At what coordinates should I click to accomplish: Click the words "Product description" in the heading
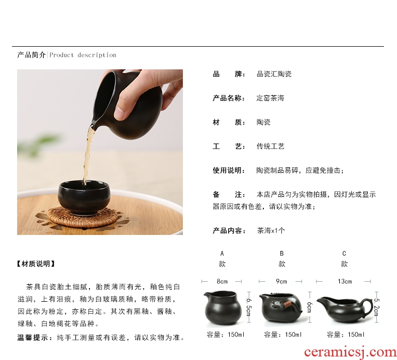tap(82, 55)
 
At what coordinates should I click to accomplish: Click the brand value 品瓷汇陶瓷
tap(274, 74)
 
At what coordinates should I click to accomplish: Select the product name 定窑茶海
tap(270, 98)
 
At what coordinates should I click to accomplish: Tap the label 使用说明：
tap(229, 170)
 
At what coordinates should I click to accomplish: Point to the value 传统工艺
tap(270, 146)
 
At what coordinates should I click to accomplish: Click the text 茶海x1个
tap(271, 230)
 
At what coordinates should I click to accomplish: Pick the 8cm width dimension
tap(222, 281)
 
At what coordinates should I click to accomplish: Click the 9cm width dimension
tap(281, 281)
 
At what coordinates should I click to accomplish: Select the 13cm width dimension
tap(345, 281)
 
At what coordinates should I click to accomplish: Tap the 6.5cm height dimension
tap(249, 307)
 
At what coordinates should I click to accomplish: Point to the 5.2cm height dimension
tap(376, 307)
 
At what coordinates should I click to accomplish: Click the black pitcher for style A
tap(222, 307)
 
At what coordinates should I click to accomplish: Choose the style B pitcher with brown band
tap(280, 307)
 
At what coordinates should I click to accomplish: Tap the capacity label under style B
tap(282, 335)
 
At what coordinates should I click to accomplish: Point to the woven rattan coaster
tap(83, 217)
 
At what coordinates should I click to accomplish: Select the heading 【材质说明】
tap(36, 264)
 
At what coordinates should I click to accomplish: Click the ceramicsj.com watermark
tap(350, 352)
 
